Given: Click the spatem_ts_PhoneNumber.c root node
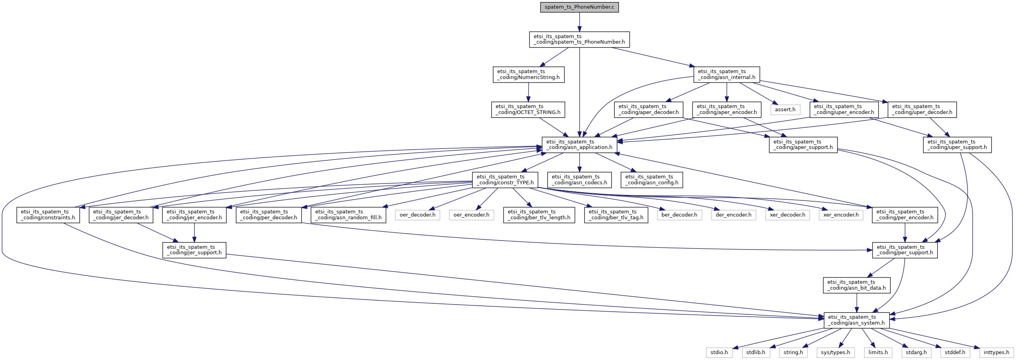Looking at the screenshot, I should click(579, 7).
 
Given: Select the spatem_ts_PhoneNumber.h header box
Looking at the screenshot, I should click(579, 39).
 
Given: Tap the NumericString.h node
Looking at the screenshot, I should click(528, 75).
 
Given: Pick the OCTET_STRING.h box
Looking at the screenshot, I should click(528, 110).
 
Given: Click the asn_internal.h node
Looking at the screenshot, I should click(726, 75).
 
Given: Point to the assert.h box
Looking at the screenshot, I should click(785, 110).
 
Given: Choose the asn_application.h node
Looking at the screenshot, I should click(579, 145).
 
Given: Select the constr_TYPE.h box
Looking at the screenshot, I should click(505, 180).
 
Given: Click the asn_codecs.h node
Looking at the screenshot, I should click(579, 180).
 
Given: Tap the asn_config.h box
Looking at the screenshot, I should click(652, 180).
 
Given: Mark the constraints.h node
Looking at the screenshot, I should click(48, 215).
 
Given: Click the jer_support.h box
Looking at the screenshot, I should click(194, 250).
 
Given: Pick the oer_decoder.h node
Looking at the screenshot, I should click(417, 215).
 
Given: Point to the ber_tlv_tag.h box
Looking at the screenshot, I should click(615, 215).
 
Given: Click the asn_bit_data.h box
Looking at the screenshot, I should click(856, 285).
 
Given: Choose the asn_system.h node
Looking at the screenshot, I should click(856, 320).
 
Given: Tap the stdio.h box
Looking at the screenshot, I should click(719, 353).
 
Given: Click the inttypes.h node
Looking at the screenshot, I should click(996, 353).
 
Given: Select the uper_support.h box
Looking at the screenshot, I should click(957, 145).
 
